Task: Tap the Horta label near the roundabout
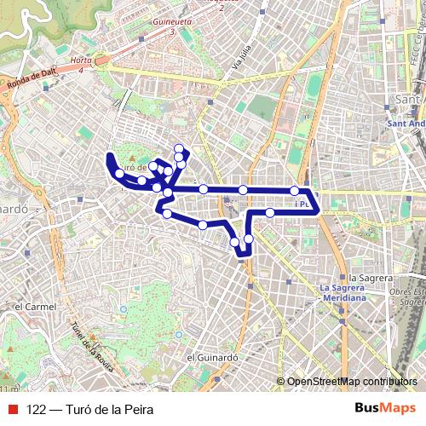[82, 61]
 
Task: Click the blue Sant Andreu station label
[406, 124]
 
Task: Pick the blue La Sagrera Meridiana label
[343, 293]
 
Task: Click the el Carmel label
[35, 306]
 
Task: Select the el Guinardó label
[210, 357]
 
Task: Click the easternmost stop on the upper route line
[294, 190]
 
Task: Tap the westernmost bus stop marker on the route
[119, 174]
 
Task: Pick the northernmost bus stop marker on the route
[178, 148]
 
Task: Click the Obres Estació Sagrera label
[406, 297]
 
